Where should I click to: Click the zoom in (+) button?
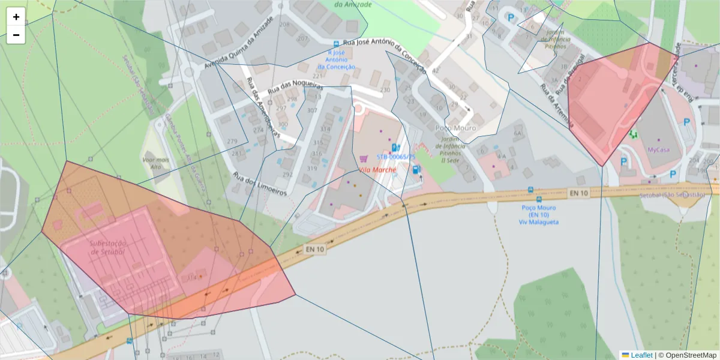16,17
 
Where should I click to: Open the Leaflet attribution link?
641,355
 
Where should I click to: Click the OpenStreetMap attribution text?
691,355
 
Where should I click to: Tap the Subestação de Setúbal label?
107,248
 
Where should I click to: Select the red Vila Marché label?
376,170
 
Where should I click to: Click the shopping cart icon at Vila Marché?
363,158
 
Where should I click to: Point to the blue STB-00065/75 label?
396,157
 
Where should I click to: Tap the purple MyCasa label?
658,149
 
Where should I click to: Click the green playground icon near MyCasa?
633,134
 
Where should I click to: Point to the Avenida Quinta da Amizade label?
239,43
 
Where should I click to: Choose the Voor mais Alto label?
155,164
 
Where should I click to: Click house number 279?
232,141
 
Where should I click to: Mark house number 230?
385,90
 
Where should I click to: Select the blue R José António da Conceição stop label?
340,59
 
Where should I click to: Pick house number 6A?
518,133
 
